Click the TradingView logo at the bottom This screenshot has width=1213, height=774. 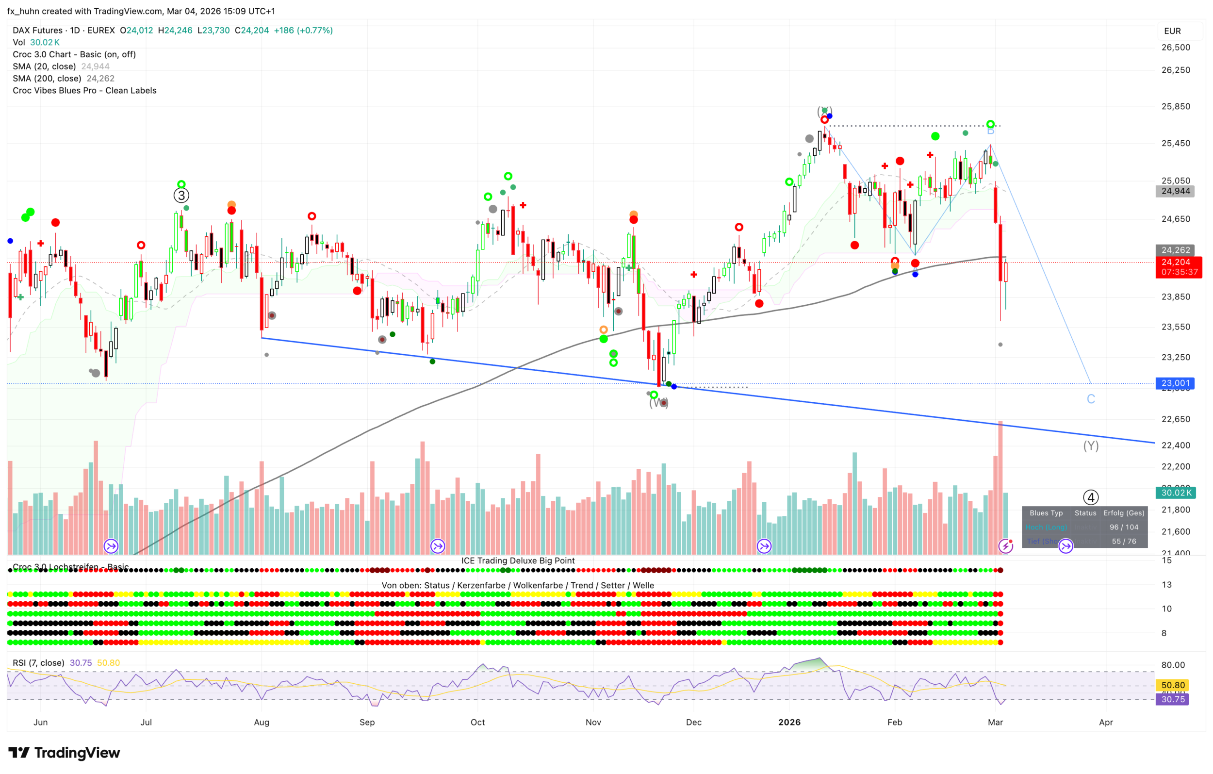65,752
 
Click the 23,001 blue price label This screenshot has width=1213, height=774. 1175,383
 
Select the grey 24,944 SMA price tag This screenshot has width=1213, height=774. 1175,191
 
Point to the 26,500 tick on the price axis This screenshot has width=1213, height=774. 1175,48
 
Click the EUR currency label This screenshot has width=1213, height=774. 1172,31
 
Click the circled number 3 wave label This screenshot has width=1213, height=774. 181,195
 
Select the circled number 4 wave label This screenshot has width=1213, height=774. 1091,497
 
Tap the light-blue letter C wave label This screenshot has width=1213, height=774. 1091,399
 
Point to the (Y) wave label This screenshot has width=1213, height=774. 1091,445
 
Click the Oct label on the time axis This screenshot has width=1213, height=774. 477,722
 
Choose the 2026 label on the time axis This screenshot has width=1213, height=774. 789,722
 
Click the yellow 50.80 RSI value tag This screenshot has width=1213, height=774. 1173,685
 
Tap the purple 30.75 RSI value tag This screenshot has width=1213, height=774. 1173,699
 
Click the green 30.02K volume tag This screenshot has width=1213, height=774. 1175,493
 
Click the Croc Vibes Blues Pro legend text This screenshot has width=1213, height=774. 84,91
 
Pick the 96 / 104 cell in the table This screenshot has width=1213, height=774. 1123,527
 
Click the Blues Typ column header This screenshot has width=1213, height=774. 1046,513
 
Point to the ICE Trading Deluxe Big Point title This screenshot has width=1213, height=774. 518,560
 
